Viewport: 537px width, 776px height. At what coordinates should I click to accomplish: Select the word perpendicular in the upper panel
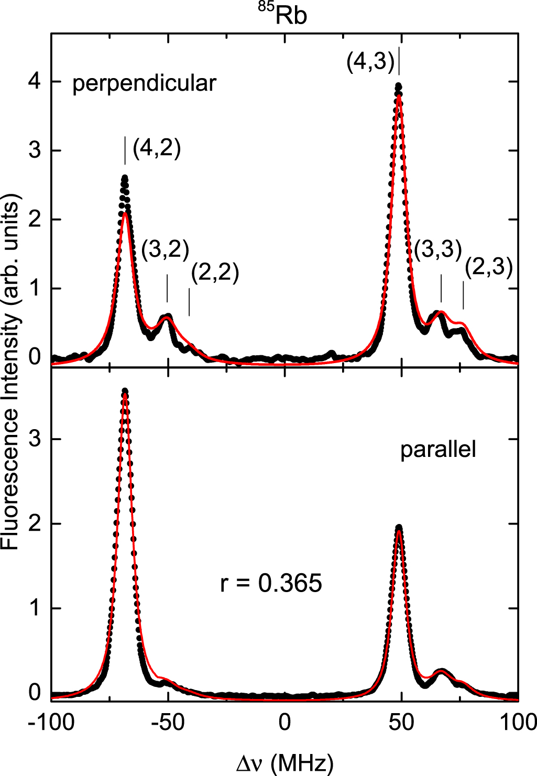[x=144, y=84]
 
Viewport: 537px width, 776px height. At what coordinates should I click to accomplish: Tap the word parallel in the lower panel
[x=438, y=450]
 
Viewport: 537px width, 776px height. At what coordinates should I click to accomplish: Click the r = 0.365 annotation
[x=271, y=583]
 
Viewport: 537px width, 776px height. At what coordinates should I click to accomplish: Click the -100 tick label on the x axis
[x=51, y=723]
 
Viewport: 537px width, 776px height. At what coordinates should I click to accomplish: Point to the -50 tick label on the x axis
[x=168, y=723]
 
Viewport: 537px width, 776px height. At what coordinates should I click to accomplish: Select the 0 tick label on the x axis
[x=284, y=723]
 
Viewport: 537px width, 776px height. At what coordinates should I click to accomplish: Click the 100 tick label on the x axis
[x=517, y=723]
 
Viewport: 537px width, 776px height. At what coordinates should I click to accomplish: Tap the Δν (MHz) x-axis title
[x=284, y=763]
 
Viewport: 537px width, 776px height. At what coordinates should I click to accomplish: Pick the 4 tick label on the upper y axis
[x=34, y=82]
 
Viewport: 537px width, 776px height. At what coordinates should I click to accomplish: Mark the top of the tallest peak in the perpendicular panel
[x=399, y=86]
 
